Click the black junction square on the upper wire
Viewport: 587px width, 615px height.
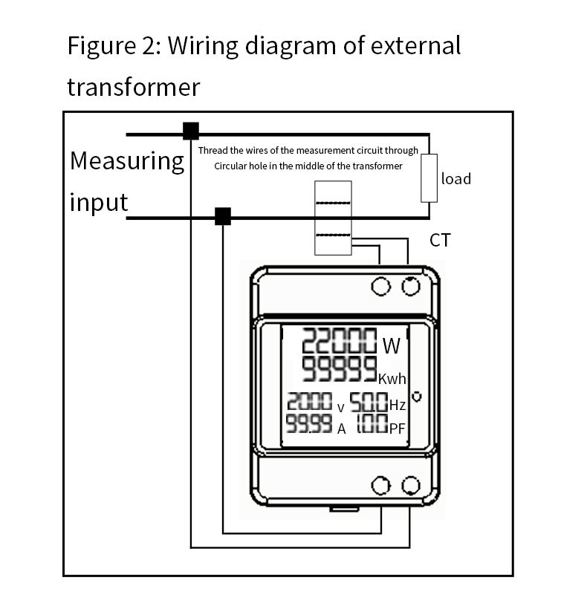pyautogui.click(x=191, y=131)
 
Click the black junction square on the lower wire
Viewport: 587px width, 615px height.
pyautogui.click(x=223, y=216)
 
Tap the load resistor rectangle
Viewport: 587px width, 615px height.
pyautogui.click(x=429, y=178)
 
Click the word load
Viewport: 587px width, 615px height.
pyautogui.click(x=455, y=179)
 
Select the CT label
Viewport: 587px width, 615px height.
pyautogui.click(x=440, y=240)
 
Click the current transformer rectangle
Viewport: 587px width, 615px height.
pyautogui.click(x=333, y=218)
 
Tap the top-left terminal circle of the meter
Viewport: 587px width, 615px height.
pyautogui.click(x=380, y=286)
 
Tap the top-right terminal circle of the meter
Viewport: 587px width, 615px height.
pyautogui.click(x=411, y=286)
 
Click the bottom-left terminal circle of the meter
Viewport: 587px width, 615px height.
pyautogui.click(x=380, y=486)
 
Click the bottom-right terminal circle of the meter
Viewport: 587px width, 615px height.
pyautogui.click(x=411, y=486)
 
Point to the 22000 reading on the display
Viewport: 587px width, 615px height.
pyautogui.click(x=339, y=340)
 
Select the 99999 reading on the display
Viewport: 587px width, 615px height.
pyautogui.click(x=339, y=369)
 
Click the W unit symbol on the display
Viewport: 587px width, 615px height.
pyautogui.click(x=392, y=346)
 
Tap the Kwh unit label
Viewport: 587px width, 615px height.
pyautogui.click(x=392, y=379)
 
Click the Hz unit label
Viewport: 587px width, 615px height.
pyautogui.click(x=397, y=405)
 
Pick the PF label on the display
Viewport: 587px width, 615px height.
pyautogui.click(x=397, y=429)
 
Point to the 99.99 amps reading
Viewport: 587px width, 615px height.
pyautogui.click(x=309, y=423)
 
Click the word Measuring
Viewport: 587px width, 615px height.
pyautogui.click(x=127, y=162)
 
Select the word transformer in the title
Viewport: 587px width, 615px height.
pyautogui.click(x=134, y=88)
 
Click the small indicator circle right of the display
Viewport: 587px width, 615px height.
pyautogui.click(x=417, y=397)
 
